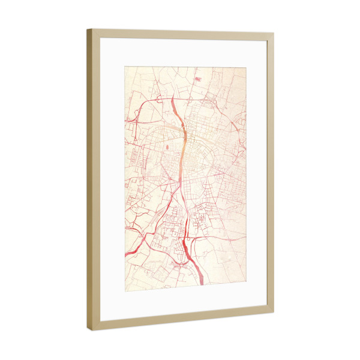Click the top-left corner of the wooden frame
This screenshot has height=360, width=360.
point(87,29)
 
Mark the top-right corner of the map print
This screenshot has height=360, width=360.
point(246,65)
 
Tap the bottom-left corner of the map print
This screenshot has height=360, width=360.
point(124,291)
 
